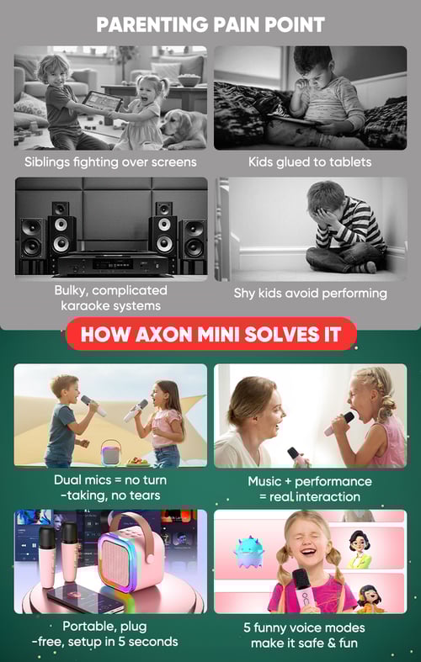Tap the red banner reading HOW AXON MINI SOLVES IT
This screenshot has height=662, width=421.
point(211,334)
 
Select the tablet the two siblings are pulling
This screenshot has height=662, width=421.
point(102,101)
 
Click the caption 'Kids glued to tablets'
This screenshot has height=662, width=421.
point(310,162)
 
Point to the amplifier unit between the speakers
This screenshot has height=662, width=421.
point(113,264)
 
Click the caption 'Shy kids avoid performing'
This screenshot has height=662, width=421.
point(310,294)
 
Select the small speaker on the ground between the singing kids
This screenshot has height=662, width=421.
point(110,453)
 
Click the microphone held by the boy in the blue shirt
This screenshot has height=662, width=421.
point(93,405)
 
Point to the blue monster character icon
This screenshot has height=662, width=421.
point(248,551)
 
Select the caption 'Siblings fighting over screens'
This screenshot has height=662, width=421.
point(110,162)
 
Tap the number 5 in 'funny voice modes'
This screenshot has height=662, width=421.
point(248,628)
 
